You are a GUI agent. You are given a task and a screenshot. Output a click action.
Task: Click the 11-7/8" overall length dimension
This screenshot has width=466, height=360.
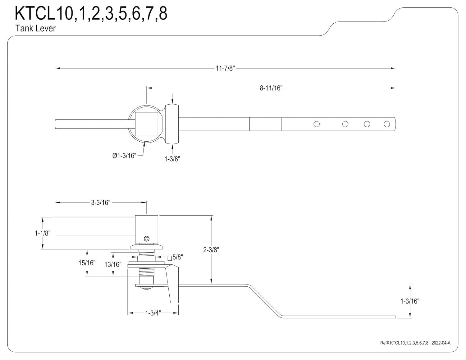(x=225, y=68)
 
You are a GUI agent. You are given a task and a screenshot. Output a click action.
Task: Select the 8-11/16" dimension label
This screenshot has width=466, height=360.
(x=271, y=88)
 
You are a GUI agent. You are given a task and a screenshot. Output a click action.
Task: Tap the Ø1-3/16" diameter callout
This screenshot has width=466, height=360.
(x=124, y=156)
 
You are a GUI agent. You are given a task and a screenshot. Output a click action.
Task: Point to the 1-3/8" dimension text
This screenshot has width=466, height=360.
(x=172, y=159)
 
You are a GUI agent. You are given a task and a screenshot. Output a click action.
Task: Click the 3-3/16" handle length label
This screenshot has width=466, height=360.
(x=101, y=203)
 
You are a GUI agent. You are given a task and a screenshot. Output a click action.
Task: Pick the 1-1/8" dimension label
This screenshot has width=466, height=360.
(x=43, y=233)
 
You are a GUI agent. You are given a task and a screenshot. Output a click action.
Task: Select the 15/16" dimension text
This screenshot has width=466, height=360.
(x=87, y=263)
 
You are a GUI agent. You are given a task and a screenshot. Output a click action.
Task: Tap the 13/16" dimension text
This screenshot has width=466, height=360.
(x=113, y=265)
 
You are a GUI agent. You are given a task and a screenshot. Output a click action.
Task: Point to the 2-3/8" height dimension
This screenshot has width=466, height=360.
(x=211, y=250)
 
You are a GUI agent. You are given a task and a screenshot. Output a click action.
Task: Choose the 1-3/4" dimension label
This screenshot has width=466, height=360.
(x=153, y=313)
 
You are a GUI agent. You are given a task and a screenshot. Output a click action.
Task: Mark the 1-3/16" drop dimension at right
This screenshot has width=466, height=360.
(x=410, y=301)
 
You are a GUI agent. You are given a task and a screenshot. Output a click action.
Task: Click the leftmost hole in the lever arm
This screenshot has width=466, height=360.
(x=317, y=124)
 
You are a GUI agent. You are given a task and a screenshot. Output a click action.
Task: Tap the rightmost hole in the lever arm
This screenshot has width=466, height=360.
(x=387, y=124)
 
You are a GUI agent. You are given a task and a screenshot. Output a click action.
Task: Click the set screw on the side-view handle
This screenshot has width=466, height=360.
(x=147, y=239)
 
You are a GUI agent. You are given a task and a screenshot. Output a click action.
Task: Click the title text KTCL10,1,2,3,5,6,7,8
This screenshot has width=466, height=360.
(x=91, y=14)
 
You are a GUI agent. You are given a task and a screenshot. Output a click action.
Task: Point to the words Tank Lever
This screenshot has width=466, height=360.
(x=36, y=29)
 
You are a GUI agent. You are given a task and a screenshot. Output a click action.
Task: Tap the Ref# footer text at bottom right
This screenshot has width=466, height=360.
(x=415, y=343)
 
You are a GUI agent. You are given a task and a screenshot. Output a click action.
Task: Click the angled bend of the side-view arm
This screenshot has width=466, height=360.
(x=264, y=301)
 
